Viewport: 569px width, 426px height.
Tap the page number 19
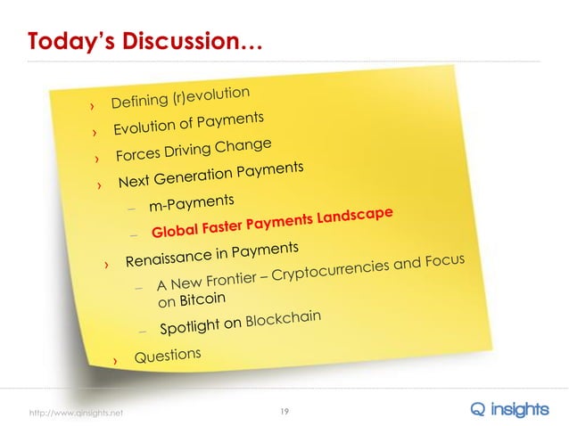click(x=284, y=410)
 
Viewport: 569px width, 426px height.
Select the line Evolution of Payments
click(x=188, y=125)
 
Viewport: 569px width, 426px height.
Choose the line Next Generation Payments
click(x=211, y=175)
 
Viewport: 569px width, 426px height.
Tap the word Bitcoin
click(x=202, y=299)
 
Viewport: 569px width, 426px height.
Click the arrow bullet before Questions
click(x=114, y=361)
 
